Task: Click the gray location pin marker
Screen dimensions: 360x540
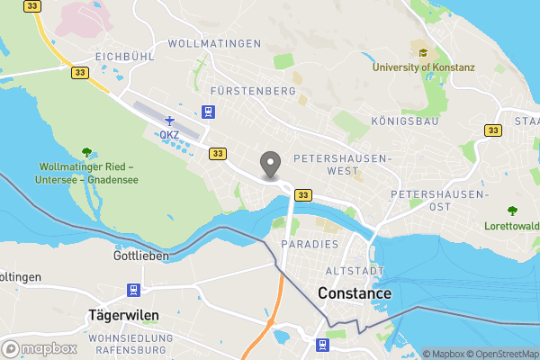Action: pyautogui.click(x=269, y=165)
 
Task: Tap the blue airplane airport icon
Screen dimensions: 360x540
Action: pyautogui.click(x=169, y=120)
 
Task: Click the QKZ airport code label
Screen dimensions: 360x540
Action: pyautogui.click(x=169, y=135)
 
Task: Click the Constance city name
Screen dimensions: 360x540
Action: pyautogui.click(x=355, y=293)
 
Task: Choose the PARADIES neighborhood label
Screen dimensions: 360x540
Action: pyautogui.click(x=309, y=245)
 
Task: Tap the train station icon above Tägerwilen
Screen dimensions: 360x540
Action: pyautogui.click(x=134, y=290)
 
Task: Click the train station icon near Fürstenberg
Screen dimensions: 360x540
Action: pyautogui.click(x=209, y=112)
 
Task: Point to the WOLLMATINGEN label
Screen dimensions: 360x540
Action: pyautogui.click(x=214, y=43)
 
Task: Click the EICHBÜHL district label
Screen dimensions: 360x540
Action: pyautogui.click(x=122, y=56)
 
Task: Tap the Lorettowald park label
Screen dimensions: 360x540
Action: pyautogui.click(x=511, y=226)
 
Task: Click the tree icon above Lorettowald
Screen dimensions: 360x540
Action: pyautogui.click(x=512, y=211)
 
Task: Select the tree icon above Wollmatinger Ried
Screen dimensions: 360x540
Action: pyautogui.click(x=86, y=151)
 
